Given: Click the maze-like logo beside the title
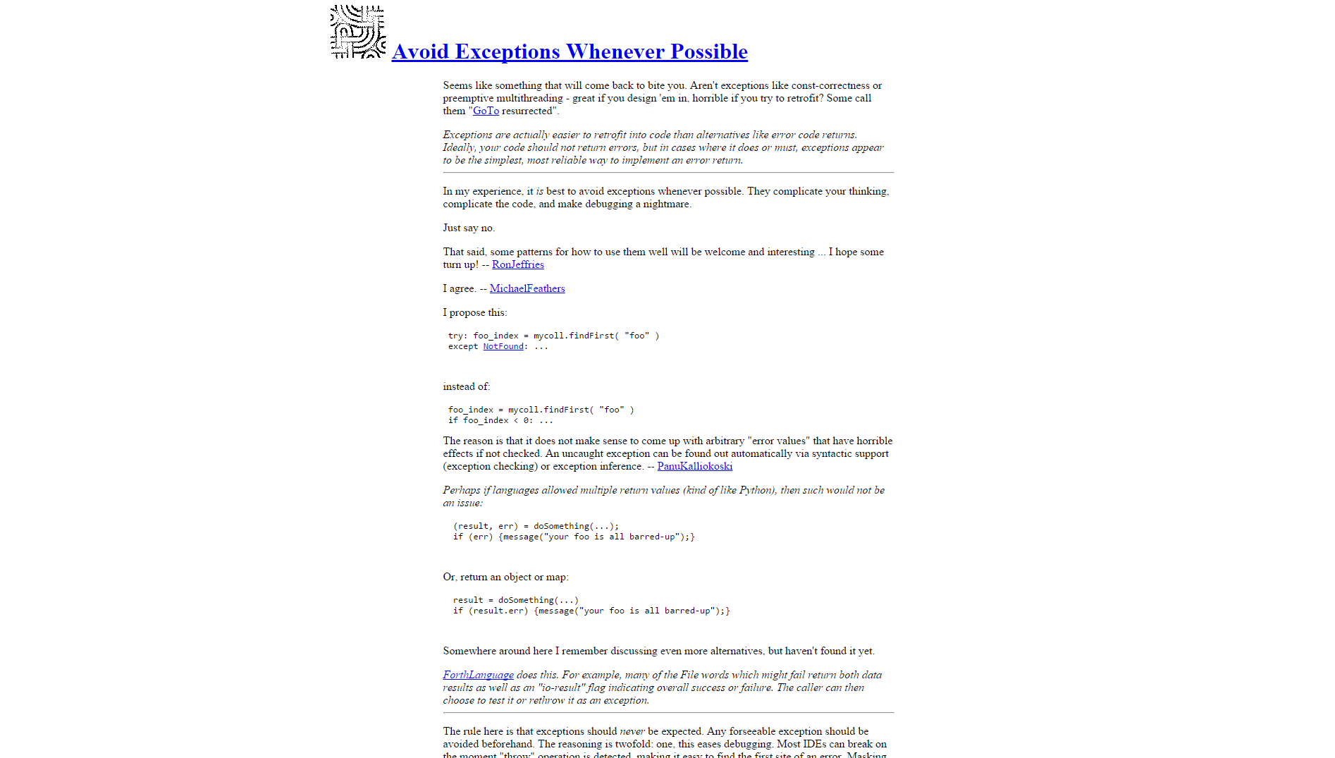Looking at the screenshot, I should [358, 32].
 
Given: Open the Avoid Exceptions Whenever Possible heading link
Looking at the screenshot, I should [570, 51].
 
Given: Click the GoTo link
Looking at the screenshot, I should [486, 111].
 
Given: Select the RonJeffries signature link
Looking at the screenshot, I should [517, 264].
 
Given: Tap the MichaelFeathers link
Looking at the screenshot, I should [527, 288].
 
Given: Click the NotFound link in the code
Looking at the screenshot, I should [503, 346].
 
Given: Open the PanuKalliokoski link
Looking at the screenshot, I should [694, 466].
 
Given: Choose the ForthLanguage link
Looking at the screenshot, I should [478, 675].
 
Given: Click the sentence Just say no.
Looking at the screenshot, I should [469, 228].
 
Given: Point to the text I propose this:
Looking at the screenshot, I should [474, 312].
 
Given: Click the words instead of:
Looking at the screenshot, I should [466, 386].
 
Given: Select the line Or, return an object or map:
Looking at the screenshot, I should [505, 577].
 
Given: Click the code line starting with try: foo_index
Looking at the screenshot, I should [553, 336].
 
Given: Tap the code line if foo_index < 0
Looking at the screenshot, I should [500, 420].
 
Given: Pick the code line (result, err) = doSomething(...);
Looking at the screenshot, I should [536, 526].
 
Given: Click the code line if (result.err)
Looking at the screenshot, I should [591, 611].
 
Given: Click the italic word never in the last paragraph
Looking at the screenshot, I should [632, 731].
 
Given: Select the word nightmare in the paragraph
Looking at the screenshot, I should [666, 204].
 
